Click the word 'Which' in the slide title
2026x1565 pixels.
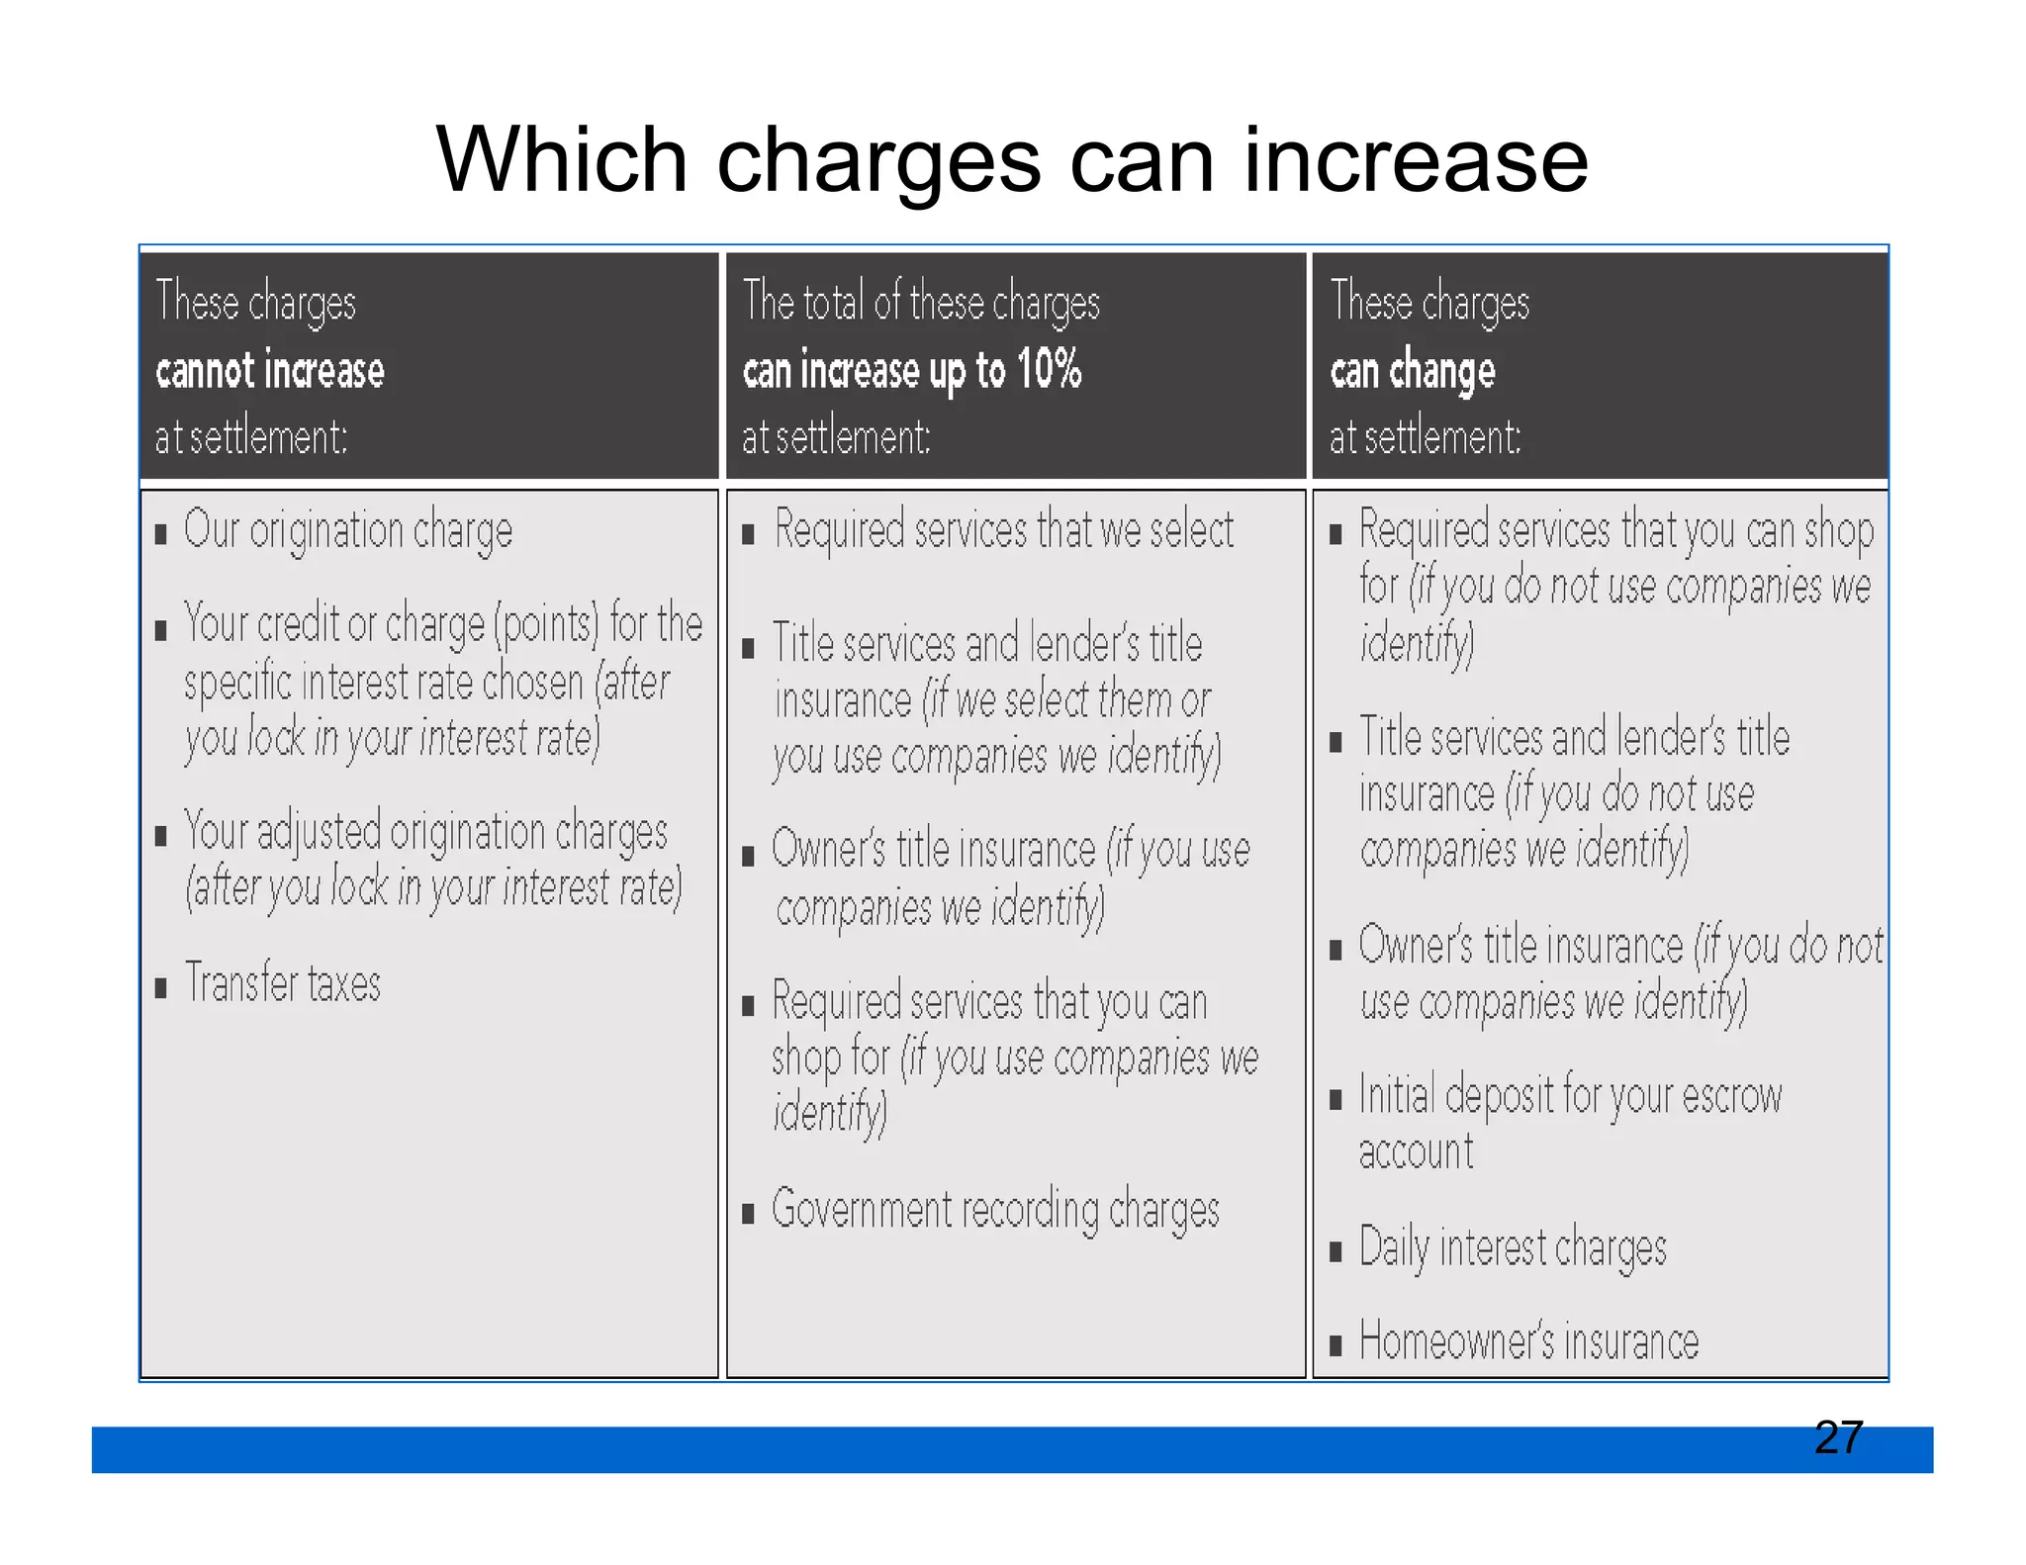(x=561, y=160)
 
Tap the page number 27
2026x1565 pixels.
(x=1838, y=1436)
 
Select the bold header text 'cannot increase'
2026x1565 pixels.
(x=270, y=371)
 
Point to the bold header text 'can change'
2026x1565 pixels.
(x=1412, y=371)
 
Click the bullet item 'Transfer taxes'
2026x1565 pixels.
(x=283, y=983)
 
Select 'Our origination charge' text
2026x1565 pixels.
(x=348, y=531)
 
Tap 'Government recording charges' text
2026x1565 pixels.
(x=995, y=1210)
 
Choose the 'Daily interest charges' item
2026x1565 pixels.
(x=1513, y=1247)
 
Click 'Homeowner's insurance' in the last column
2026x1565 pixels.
(x=1528, y=1342)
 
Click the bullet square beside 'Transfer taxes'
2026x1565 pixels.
(x=161, y=987)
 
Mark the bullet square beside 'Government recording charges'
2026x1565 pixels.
(x=749, y=1214)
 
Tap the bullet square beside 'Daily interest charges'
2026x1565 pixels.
(x=1335, y=1251)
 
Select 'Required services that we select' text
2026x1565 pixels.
(x=1003, y=530)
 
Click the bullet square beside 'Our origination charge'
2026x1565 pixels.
(x=161, y=535)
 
